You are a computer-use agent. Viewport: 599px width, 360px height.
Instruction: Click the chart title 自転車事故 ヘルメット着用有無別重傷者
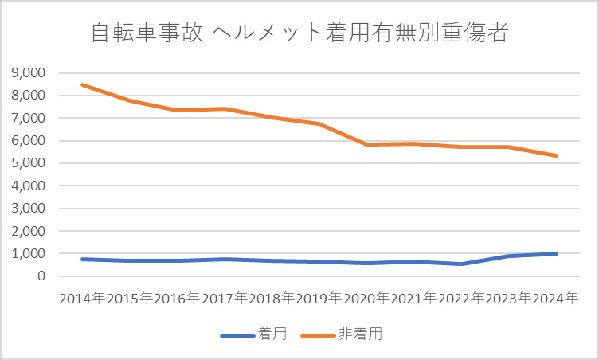point(299,33)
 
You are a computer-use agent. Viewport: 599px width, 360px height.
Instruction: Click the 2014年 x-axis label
point(82,299)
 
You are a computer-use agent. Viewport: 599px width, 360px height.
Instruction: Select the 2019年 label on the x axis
point(319,299)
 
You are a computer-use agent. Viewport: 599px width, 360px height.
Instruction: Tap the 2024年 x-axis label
point(556,299)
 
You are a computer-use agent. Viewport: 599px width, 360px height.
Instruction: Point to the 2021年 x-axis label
point(414,299)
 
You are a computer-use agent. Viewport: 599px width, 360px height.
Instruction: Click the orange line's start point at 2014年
point(83,84)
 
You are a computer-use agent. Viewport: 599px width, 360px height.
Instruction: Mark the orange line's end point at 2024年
point(556,156)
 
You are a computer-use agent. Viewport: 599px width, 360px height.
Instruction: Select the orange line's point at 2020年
point(366,144)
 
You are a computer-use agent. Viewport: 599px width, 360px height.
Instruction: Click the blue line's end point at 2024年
point(556,253)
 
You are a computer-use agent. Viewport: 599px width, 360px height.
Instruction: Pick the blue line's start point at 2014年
point(83,259)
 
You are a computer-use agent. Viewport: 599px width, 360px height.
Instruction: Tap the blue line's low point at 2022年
point(461,264)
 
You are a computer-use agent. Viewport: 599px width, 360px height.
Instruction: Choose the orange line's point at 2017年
point(225,109)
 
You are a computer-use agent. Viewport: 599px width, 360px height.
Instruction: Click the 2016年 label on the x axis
point(177,299)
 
